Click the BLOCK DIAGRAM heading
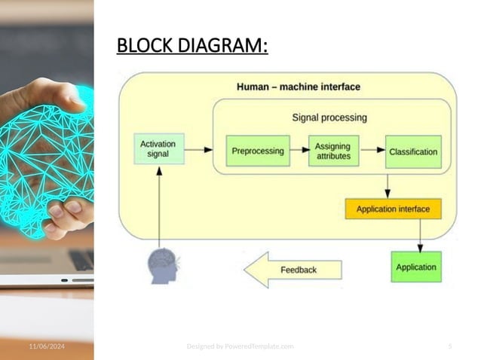tap(192, 47)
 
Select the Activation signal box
tap(158, 148)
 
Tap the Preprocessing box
tap(258, 151)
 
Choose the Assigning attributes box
tap(332, 151)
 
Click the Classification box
tap(412, 151)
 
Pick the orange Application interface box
tap(393, 209)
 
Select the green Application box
tap(415, 267)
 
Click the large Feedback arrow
tap(294, 270)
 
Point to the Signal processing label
tap(329, 117)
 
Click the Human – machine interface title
tap(299, 87)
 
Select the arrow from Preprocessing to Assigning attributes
tap(299, 150)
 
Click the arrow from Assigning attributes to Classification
tap(372, 150)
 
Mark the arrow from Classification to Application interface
tap(388, 185)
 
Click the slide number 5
tap(449, 346)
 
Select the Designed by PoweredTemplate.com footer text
tap(240, 346)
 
